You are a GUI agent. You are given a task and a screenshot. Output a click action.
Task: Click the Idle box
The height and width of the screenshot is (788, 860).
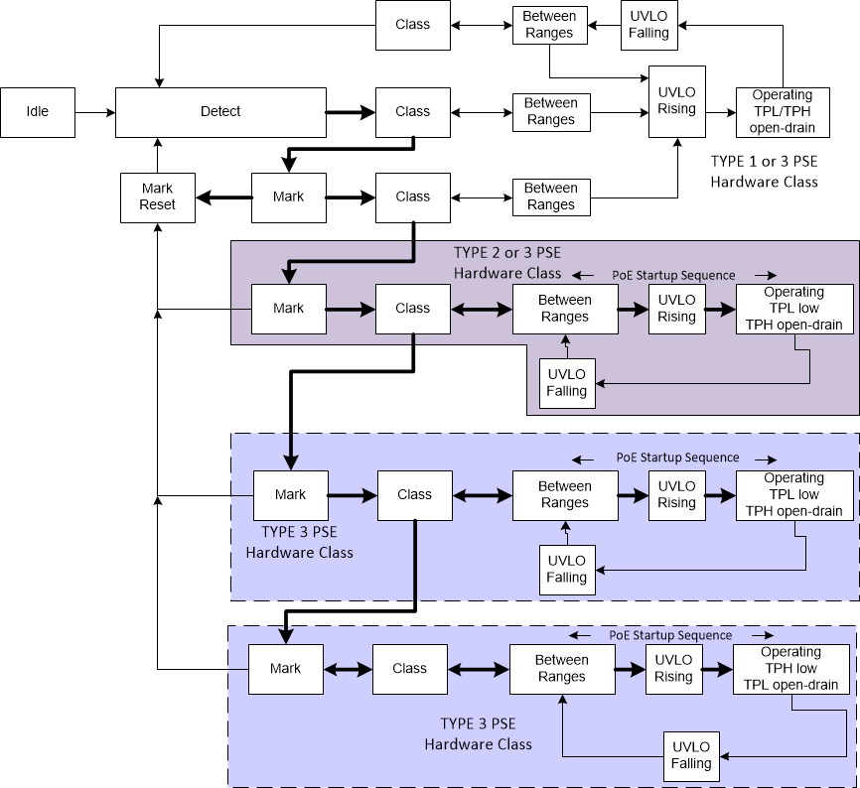(37, 112)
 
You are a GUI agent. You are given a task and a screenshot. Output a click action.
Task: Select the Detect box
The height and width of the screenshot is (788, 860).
(220, 112)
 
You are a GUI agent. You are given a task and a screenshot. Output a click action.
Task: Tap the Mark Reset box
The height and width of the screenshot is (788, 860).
(157, 197)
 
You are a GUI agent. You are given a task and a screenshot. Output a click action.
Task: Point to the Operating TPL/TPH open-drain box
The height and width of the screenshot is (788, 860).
(783, 112)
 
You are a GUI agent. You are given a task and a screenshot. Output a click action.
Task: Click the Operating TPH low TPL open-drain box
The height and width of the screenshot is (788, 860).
(790, 669)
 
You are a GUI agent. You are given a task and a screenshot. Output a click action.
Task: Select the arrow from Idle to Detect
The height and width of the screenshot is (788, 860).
(94, 112)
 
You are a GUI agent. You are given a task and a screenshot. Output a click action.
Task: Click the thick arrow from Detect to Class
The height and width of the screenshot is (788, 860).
(351, 112)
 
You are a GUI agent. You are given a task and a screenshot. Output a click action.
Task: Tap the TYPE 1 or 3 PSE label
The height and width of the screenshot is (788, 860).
(765, 171)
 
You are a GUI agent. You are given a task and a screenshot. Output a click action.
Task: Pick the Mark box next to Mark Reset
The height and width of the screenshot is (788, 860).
(288, 197)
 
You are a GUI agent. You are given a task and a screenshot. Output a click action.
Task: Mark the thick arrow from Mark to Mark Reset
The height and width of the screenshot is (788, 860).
(222, 197)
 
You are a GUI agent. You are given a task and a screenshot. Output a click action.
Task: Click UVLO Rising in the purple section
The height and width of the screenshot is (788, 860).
(676, 309)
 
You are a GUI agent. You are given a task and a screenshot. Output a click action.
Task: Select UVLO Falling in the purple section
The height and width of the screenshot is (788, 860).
(566, 383)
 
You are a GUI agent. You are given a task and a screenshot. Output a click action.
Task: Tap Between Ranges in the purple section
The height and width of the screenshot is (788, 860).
(564, 309)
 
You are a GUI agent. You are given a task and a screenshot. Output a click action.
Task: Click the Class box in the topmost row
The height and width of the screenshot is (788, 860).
(412, 25)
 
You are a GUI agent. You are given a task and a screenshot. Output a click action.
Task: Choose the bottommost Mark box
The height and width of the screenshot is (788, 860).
(286, 669)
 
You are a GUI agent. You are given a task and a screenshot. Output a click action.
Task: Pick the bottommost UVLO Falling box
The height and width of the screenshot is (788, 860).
(690, 755)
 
